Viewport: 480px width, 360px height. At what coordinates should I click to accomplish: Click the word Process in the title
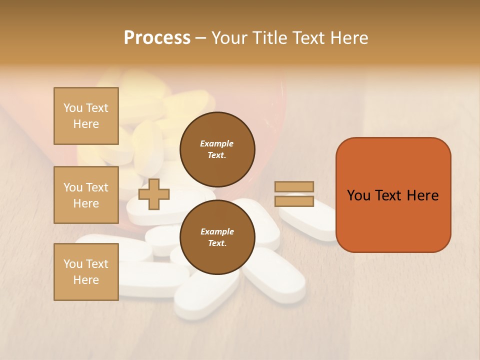[157, 38]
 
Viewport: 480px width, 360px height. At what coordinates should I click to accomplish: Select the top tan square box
[86, 116]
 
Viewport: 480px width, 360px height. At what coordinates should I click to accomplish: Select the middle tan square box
[86, 195]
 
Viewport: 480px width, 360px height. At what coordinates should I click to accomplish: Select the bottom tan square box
[86, 272]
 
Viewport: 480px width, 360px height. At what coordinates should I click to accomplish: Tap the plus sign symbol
[154, 194]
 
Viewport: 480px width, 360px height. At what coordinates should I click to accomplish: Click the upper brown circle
[217, 149]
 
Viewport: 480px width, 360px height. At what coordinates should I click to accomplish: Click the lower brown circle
[217, 237]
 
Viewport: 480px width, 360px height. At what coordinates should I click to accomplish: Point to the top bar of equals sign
[294, 187]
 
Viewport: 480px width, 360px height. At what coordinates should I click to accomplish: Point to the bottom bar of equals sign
[294, 201]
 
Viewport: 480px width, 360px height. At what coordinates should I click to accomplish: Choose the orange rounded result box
[393, 195]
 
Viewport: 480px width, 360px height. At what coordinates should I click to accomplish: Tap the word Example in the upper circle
[217, 143]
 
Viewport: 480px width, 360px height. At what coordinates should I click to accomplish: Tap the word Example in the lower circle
[217, 231]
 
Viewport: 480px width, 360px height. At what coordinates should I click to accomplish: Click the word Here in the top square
[86, 124]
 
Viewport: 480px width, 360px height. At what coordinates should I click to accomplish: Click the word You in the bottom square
[73, 264]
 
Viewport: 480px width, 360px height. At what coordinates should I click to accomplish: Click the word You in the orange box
[358, 195]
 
